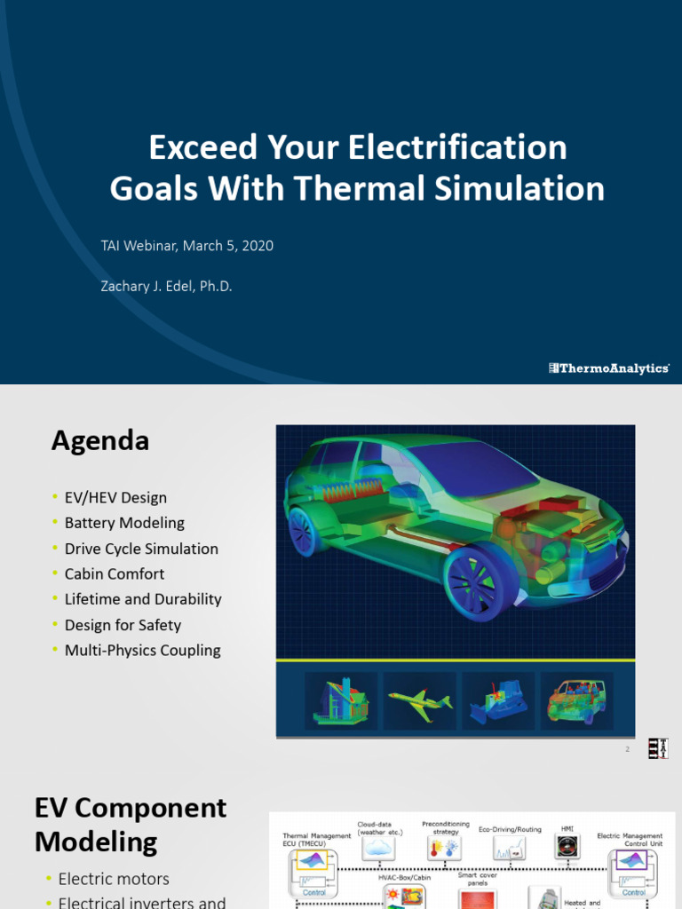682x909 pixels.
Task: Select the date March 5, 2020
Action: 228,246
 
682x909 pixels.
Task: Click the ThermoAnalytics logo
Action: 608,368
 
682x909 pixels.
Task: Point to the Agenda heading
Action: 100,440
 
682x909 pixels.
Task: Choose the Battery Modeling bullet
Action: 124,523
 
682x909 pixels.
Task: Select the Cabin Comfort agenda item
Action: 115,573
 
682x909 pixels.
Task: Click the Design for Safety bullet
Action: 123,625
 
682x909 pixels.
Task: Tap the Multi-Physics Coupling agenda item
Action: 142,651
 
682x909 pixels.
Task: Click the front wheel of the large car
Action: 478,582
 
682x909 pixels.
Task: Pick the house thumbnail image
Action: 339,700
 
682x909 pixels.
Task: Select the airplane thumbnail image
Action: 419,701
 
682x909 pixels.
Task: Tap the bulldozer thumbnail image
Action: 497,702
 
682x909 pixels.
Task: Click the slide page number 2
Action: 627,750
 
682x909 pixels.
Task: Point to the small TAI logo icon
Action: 657,748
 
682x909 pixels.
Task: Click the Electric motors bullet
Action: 114,879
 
